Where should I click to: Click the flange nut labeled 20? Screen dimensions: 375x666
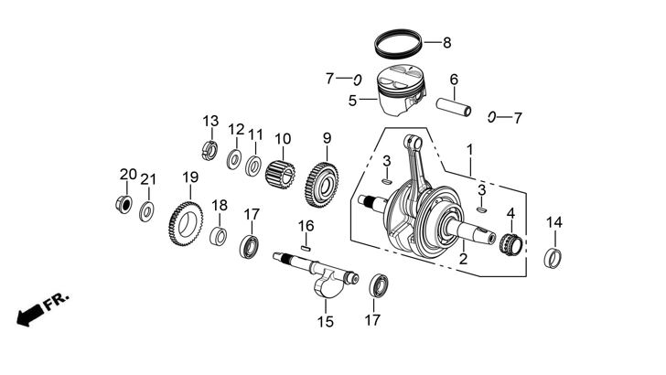coord(122,202)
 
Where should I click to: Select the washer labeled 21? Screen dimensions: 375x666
coord(146,212)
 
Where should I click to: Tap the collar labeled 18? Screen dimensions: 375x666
coord(219,236)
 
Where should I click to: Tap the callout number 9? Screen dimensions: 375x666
coord(326,138)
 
